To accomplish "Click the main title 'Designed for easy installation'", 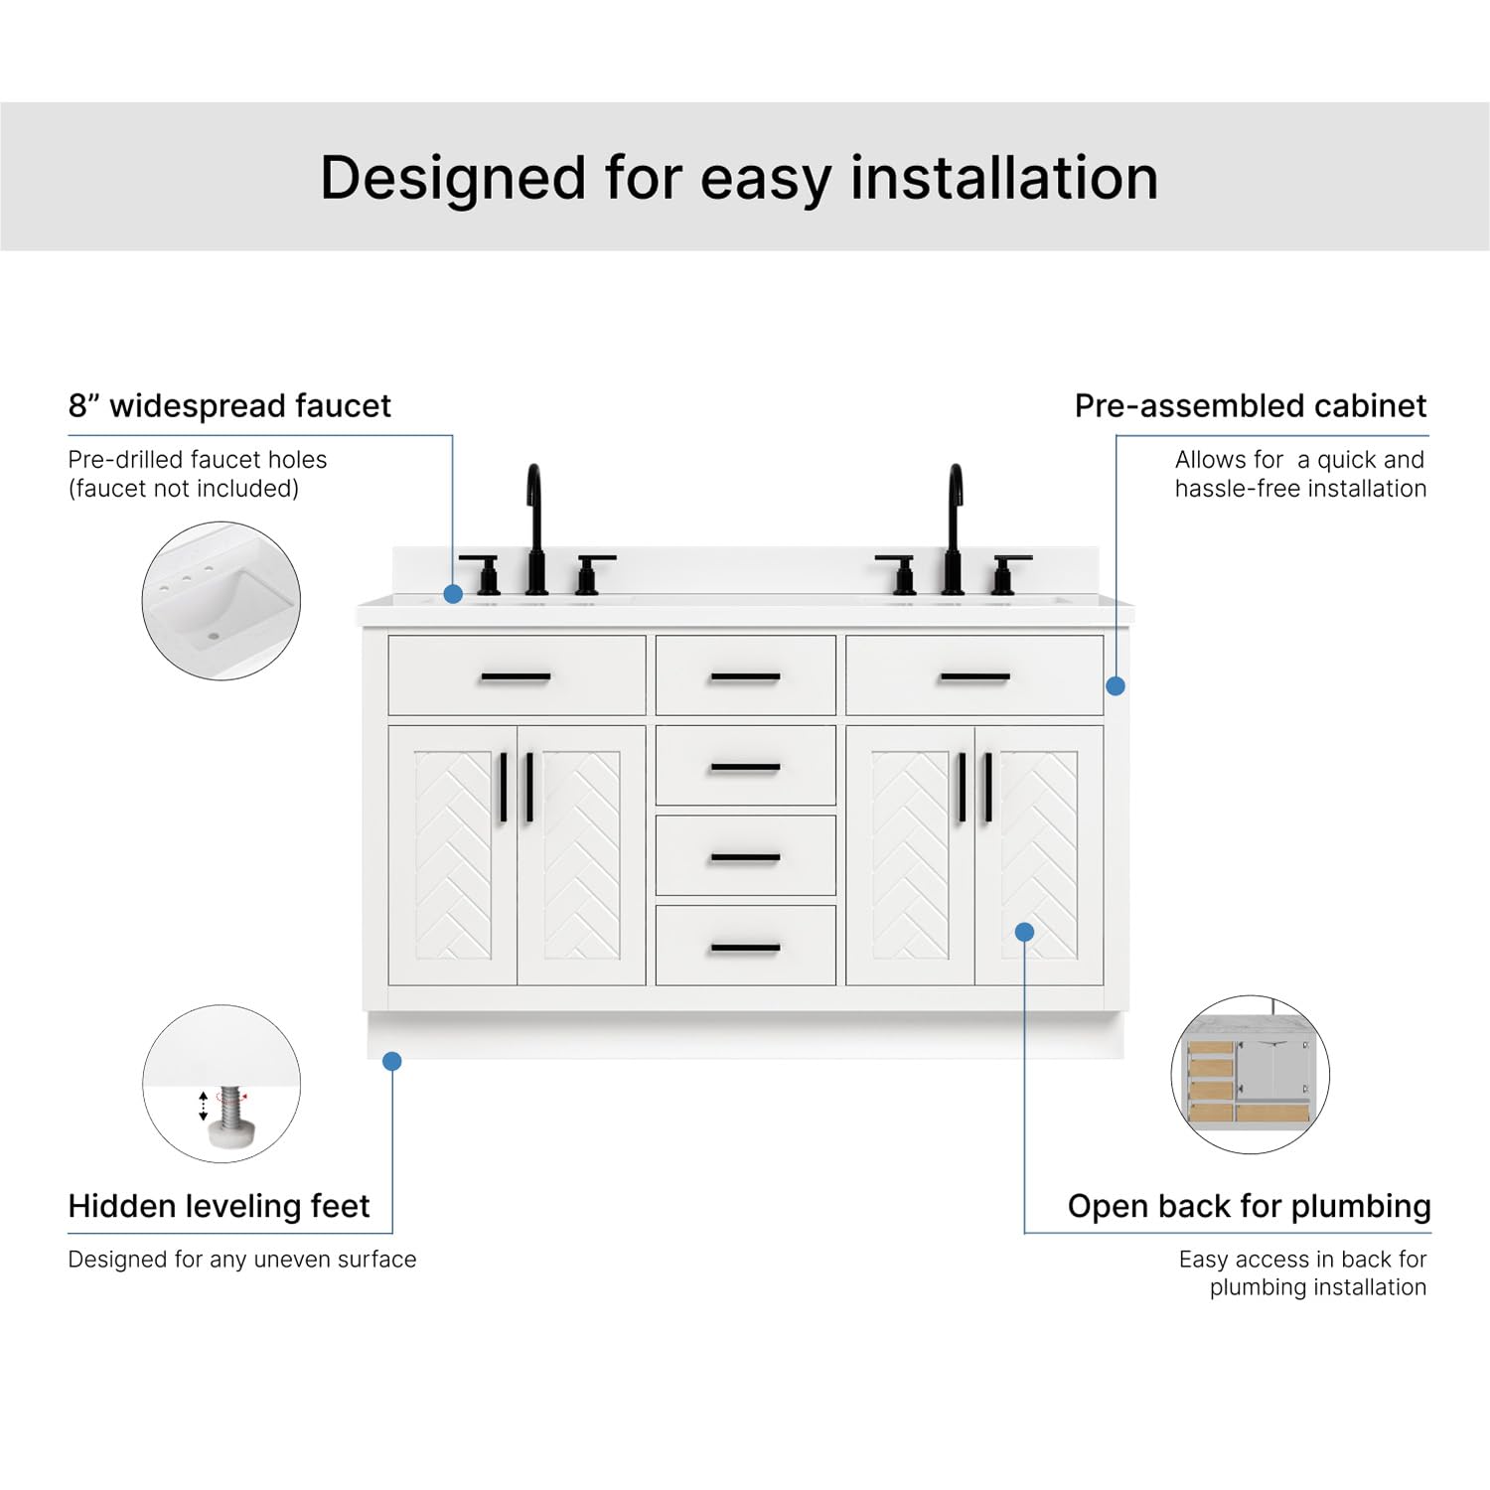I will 739,179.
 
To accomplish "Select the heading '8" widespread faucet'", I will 229,406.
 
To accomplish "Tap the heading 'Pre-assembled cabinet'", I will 1250,406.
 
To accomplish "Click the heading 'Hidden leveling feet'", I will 219,1206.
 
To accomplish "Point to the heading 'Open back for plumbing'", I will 1249,1206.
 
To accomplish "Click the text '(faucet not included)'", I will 184,489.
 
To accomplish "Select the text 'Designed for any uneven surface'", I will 242,1260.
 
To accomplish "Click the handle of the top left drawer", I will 516,677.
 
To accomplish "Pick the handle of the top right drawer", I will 974,677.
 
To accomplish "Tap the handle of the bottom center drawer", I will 745,948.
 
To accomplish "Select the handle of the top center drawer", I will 745,677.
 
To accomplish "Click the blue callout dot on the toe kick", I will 392,1062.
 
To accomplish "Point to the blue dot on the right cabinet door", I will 1025,932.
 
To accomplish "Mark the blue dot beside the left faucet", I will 453,594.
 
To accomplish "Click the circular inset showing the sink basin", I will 222,601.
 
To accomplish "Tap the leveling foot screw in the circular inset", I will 230,1111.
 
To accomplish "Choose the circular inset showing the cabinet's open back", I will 1250,1075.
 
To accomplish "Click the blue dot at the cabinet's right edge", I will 1116,685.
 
